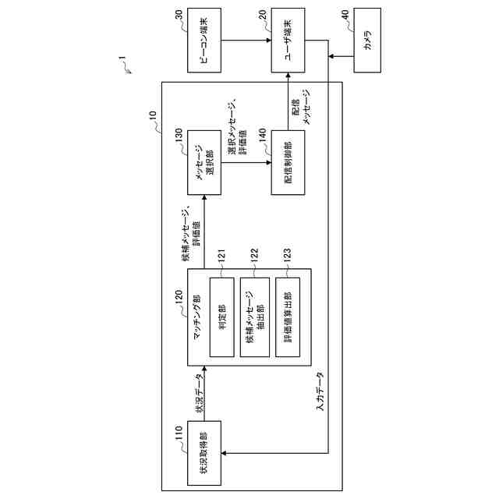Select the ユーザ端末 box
[288, 41]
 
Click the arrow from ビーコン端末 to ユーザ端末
[246, 41]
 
